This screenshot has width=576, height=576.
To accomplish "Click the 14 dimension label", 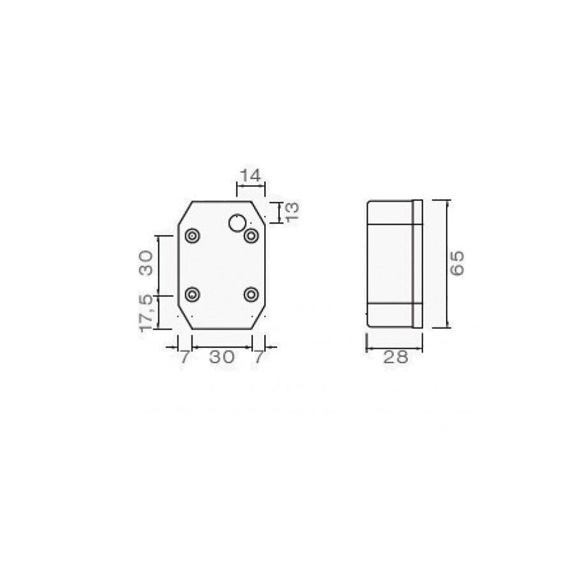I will tap(251, 175).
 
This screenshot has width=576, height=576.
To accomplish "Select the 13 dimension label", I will tap(291, 212).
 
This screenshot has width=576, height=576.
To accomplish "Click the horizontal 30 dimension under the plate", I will tap(221, 357).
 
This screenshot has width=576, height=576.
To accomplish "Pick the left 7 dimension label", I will tap(184, 357).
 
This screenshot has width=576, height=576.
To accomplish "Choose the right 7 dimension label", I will tap(259, 357).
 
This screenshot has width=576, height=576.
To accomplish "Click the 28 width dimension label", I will tap(394, 357).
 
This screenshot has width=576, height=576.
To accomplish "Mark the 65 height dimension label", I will tap(457, 263).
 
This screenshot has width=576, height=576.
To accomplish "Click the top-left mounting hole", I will tap(192, 236).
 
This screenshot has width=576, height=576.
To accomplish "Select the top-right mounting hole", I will tap(252, 236).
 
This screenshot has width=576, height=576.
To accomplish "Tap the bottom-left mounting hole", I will tap(192, 294).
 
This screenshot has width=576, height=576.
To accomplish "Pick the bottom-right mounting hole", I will tap(252, 294).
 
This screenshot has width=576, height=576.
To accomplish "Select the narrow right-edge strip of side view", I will tap(418, 263).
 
